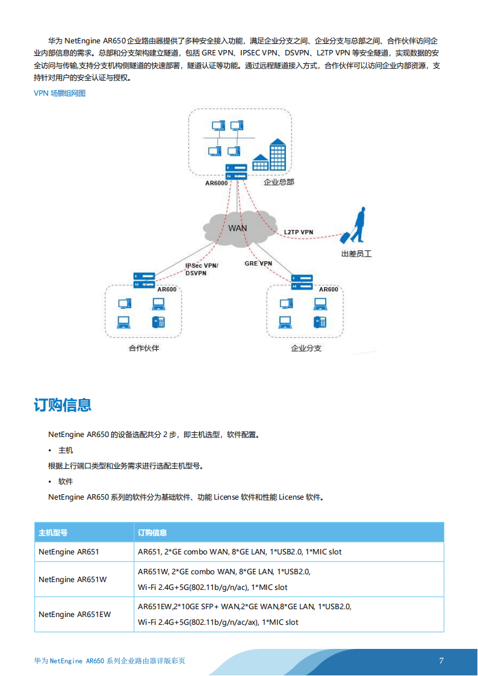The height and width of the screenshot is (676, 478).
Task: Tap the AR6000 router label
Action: click(x=216, y=183)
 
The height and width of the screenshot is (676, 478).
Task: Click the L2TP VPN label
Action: click(x=299, y=232)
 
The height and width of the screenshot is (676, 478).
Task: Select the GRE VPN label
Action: click(x=258, y=263)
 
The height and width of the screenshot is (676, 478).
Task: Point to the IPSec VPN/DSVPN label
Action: click(x=202, y=269)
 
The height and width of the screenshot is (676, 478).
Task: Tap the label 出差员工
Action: click(x=356, y=254)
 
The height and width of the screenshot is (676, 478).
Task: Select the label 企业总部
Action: click(x=279, y=182)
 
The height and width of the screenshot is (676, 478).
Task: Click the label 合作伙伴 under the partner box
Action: click(x=144, y=348)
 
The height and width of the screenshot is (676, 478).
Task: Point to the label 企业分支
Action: click(x=306, y=348)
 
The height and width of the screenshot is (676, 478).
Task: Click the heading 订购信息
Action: click(x=63, y=405)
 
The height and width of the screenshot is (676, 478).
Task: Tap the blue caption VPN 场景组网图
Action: click(x=60, y=93)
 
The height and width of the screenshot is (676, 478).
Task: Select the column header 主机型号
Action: click(x=53, y=533)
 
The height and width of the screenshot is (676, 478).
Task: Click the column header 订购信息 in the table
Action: click(x=152, y=533)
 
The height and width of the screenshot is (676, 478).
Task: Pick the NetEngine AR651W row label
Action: click(x=72, y=580)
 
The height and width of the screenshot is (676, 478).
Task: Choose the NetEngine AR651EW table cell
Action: click(x=75, y=615)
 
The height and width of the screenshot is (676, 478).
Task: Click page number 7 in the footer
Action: click(x=441, y=660)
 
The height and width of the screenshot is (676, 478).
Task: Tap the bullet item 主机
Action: click(x=66, y=450)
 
